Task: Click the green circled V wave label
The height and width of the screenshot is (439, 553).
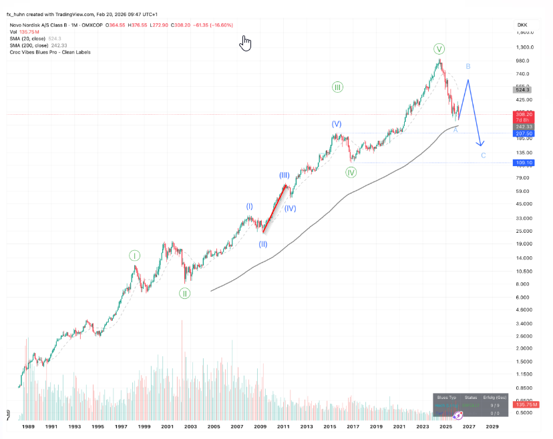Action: tap(439, 49)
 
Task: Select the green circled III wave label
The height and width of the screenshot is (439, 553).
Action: tap(337, 87)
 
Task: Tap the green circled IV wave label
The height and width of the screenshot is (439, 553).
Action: tap(351, 172)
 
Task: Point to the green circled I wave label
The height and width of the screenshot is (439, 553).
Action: tap(135, 256)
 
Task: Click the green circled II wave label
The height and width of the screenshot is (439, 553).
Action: tap(184, 293)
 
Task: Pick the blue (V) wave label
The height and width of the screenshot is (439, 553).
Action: tap(337, 124)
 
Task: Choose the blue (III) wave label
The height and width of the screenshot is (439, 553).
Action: tap(284, 175)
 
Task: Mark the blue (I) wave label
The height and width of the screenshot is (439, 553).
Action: tap(249, 207)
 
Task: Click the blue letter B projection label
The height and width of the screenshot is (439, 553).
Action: tap(469, 67)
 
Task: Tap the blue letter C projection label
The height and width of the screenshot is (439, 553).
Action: tap(484, 155)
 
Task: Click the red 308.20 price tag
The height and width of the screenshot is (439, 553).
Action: tap(523, 114)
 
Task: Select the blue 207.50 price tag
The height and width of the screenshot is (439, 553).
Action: tap(523, 133)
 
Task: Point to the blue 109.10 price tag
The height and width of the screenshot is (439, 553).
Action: tap(523, 163)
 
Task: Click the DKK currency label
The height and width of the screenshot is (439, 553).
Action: tap(522, 25)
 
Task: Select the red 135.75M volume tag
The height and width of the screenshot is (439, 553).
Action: tap(523, 405)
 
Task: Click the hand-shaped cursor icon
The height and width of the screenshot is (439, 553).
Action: tap(246, 43)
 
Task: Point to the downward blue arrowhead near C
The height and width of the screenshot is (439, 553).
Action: tap(480, 144)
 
